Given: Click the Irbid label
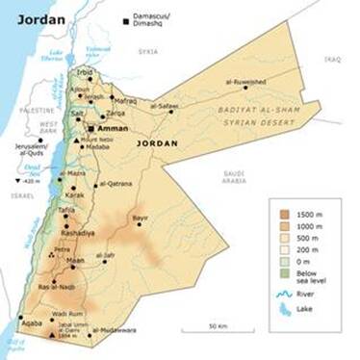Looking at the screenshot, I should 87,72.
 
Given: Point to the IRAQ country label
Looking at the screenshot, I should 334,59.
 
